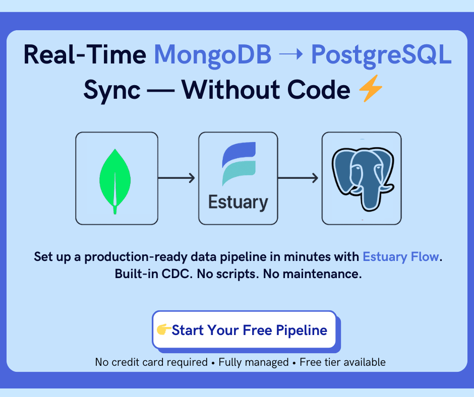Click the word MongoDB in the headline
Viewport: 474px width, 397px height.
coord(212,54)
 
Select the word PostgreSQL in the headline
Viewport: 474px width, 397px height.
coord(381,54)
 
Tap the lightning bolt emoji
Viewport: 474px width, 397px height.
coord(370,91)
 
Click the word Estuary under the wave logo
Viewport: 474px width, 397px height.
coord(238,203)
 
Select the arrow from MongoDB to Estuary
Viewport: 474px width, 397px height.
coord(176,177)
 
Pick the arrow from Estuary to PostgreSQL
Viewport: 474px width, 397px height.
coord(299,177)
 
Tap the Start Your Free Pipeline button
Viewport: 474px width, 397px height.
coord(244,330)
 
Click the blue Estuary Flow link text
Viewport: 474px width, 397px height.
coord(401,256)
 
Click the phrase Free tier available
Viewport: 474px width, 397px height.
coord(342,362)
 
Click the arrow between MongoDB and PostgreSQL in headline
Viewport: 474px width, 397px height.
coord(291,54)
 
